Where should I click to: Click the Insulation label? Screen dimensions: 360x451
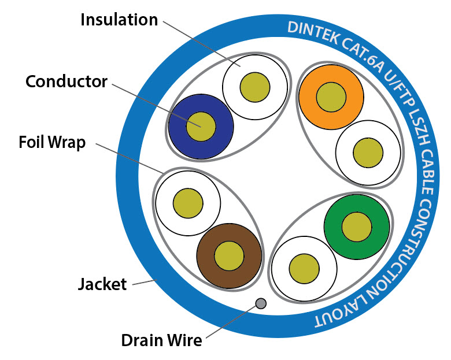coord(119,20)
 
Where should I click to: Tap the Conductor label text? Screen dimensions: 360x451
coord(66,81)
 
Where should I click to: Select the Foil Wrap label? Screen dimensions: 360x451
coord(51,142)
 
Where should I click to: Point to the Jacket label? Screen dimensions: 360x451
coord(102,284)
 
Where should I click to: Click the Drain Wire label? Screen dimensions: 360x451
coord(161,340)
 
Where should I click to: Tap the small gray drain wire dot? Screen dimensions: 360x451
coord(261,303)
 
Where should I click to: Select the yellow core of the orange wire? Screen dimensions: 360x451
coord(331,96)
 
